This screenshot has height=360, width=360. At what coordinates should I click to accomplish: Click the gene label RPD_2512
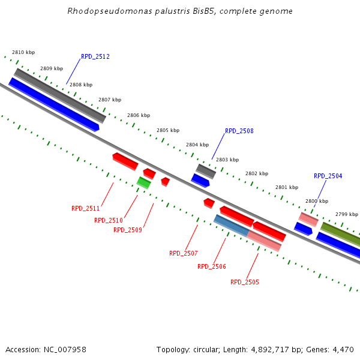(x=95, y=57)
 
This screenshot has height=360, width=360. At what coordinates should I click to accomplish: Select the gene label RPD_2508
(x=239, y=131)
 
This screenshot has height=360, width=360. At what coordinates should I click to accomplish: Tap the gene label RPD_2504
(x=328, y=176)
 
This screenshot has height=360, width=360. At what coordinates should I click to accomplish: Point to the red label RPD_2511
(x=85, y=209)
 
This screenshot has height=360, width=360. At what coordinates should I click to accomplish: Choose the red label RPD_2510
(x=108, y=221)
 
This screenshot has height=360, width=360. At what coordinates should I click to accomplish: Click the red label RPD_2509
(x=127, y=230)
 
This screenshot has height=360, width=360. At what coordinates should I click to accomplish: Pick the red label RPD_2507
(x=183, y=253)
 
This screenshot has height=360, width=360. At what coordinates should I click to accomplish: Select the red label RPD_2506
(x=211, y=266)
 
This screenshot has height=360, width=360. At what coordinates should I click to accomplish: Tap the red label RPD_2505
(x=244, y=282)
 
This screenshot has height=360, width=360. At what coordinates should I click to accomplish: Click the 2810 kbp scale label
(x=23, y=53)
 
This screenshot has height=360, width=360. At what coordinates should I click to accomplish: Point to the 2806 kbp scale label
(x=138, y=115)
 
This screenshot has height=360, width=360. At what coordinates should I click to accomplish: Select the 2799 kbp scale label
(x=346, y=214)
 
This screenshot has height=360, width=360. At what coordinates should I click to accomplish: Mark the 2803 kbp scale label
(x=227, y=160)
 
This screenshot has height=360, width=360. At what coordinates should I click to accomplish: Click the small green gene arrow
(x=143, y=182)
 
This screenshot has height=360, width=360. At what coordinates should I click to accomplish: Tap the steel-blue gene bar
(x=231, y=225)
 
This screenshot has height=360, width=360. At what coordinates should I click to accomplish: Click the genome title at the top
(x=180, y=11)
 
